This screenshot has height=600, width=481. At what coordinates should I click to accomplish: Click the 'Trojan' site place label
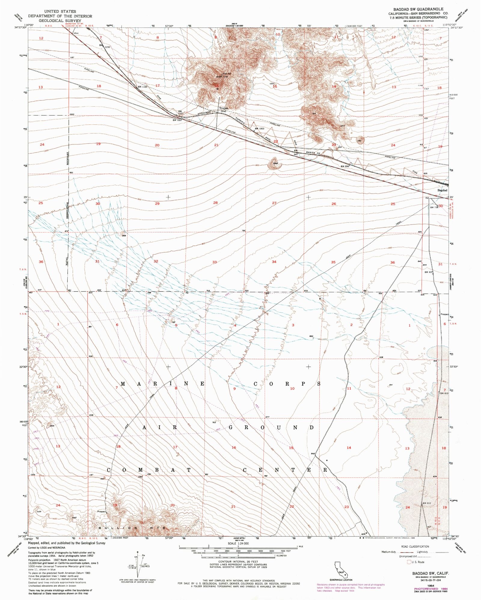click(223, 108)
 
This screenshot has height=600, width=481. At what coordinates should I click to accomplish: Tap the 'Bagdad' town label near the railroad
click(442, 190)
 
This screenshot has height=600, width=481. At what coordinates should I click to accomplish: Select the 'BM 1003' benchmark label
click(259, 129)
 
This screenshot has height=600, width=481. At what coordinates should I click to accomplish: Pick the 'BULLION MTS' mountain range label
click(132, 528)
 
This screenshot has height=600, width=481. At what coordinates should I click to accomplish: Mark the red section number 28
click(215, 203)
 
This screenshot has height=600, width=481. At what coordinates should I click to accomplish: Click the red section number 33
click(214, 262)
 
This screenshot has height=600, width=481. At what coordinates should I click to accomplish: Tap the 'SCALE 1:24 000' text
click(238, 543)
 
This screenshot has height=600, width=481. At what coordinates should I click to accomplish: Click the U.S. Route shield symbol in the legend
click(409, 562)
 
